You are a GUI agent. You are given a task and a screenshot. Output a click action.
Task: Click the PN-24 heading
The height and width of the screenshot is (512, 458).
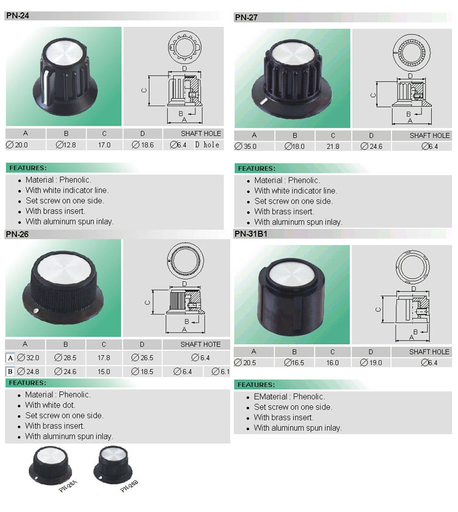pyautogui.click(x=18, y=15)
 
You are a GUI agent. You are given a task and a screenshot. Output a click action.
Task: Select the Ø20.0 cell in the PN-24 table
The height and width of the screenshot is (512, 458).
pyautogui.click(x=17, y=145)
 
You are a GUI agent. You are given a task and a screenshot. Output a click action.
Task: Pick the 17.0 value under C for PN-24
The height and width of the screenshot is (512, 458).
pyautogui.click(x=104, y=145)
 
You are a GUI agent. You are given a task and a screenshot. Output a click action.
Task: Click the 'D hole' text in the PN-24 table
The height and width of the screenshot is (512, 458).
pyautogui.click(x=207, y=145)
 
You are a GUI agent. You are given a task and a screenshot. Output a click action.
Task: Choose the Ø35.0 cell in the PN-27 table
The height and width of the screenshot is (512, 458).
pyautogui.click(x=245, y=146)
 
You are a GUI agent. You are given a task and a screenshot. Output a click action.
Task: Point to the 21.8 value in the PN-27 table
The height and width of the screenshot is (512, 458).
pyautogui.click(x=333, y=146)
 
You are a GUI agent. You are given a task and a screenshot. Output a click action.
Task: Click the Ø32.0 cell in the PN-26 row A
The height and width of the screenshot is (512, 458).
pyautogui.click(x=28, y=358)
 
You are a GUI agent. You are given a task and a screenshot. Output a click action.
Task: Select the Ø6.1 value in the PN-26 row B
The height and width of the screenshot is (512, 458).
pyautogui.click(x=220, y=372)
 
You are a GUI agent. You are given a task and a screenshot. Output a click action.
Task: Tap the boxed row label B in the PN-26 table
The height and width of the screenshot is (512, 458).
pyautogui.click(x=10, y=372)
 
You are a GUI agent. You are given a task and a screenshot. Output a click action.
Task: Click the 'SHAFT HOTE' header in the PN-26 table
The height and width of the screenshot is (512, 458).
pyautogui.click(x=200, y=344)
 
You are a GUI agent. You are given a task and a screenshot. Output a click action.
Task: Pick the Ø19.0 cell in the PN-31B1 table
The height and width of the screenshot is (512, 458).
pyautogui.click(x=371, y=362)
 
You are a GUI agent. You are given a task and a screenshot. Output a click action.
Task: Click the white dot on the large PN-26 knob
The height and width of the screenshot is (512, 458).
pyautogui.click(x=36, y=311)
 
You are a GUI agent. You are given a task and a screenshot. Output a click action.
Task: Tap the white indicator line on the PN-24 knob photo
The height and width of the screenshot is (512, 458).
pyautogui.click(x=45, y=85)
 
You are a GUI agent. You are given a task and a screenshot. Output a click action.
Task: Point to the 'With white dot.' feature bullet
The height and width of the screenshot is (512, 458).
pyautogui.click(x=50, y=405)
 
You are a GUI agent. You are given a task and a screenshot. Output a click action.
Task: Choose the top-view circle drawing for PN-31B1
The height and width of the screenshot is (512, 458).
pyautogui.click(x=413, y=266)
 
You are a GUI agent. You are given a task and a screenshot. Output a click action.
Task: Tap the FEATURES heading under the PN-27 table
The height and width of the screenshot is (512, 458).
pyautogui.click(x=256, y=168)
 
